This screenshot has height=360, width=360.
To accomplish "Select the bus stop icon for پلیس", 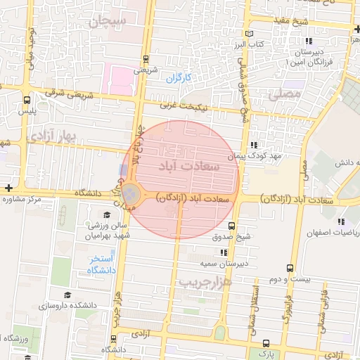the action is tap(27, 100).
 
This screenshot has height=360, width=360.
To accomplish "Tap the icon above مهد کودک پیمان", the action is tap(254, 145).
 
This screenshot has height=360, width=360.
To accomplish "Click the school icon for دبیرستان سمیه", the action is tap(224, 252).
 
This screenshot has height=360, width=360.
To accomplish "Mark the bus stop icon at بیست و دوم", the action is tap(290, 268).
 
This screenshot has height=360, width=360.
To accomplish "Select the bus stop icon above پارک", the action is tap(265, 342).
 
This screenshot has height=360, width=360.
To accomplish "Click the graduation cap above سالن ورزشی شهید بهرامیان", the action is tap(107, 215).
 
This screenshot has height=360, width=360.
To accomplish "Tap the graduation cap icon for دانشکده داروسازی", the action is tap(67, 295).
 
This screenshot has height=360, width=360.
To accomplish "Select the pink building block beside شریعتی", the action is tap(117, 77).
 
